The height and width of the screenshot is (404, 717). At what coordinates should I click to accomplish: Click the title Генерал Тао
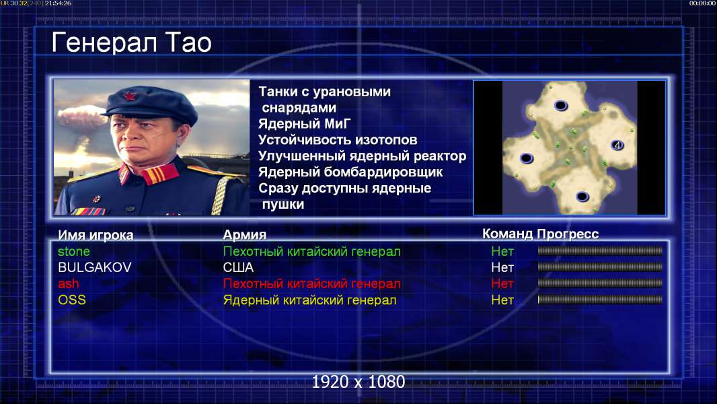(x=131, y=43)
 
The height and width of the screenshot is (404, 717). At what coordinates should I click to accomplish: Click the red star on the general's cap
(x=130, y=96)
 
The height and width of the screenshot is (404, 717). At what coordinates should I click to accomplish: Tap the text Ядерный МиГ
(x=304, y=123)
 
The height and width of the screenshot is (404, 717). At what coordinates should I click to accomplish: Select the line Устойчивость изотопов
(x=338, y=139)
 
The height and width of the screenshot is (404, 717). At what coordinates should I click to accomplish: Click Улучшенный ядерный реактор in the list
(x=362, y=156)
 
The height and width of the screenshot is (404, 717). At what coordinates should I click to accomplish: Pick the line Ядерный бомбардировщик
(x=350, y=172)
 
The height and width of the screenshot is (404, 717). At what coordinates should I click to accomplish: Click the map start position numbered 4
(x=617, y=145)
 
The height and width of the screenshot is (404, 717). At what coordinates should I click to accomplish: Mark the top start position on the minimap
(x=561, y=106)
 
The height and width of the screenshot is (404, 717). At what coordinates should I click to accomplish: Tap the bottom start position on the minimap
(x=582, y=197)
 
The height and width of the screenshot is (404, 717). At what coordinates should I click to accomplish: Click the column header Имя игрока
(x=96, y=235)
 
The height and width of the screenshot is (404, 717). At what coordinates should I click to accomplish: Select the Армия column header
(x=245, y=235)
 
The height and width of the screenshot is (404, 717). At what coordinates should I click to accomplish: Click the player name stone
(x=73, y=251)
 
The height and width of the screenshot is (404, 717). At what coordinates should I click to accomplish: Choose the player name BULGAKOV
(x=95, y=267)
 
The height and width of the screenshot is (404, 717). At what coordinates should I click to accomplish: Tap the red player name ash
(x=68, y=283)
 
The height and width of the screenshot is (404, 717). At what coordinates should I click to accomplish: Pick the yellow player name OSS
(x=72, y=300)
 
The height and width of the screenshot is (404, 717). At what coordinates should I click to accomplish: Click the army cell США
(x=238, y=267)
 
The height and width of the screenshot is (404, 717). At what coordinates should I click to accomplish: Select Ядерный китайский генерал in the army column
(x=309, y=300)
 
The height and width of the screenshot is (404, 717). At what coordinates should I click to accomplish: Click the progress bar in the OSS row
(x=600, y=300)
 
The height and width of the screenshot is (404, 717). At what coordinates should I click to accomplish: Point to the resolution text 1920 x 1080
(x=358, y=382)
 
